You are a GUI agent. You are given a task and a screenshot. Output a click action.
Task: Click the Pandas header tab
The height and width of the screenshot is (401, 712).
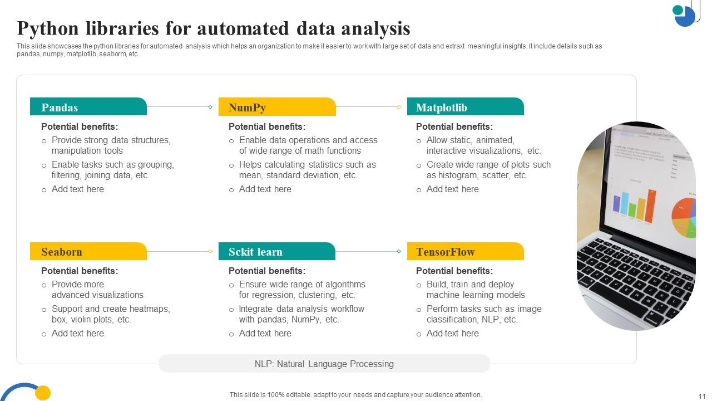pos(88,107)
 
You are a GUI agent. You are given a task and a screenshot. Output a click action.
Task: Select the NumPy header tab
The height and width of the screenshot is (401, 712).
pos(277,107)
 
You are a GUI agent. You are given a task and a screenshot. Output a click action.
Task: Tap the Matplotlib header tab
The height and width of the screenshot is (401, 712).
pos(465,107)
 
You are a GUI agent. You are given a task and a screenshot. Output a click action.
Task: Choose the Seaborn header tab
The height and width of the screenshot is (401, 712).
pos(88,251)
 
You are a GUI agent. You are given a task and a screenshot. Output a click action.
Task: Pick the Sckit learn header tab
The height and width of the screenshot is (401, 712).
pos(276,251)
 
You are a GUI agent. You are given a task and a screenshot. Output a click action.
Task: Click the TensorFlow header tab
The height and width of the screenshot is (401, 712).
pos(465,251)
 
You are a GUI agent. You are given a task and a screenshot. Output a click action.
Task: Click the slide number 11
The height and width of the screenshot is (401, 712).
pos(701,395)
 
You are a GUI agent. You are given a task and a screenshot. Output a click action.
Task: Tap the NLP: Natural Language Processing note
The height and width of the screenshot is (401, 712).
pos(324,364)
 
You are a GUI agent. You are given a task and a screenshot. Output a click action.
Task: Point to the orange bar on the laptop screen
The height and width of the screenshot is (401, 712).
pos(650,206)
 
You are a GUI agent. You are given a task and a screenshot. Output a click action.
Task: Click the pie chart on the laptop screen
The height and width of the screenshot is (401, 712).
pos(684,217)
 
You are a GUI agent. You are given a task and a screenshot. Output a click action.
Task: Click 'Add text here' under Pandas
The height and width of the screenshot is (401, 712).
pos(77,189)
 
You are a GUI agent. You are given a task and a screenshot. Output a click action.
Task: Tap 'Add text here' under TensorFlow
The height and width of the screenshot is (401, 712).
pos(452,333)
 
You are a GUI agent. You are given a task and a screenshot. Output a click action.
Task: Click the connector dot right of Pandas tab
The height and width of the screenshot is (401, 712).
pos(210,107)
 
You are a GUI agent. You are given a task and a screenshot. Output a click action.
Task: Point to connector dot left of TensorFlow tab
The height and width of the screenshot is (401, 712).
pos(399,251)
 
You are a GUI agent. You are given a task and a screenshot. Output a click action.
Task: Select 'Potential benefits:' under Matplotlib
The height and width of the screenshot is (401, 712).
pos(454,126)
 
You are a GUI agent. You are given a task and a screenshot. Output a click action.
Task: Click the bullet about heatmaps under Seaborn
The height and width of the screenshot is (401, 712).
pos(110,314)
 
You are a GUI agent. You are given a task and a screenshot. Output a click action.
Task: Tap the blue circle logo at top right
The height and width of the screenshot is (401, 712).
pos(685,16)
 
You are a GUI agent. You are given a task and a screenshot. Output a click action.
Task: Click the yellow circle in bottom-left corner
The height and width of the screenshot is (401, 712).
pos(43,393)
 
